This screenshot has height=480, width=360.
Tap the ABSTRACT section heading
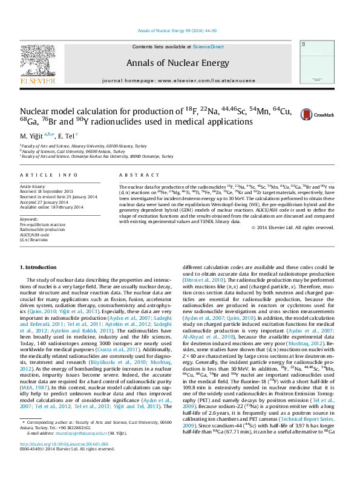click(134, 175)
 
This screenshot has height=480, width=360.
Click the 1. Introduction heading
click(39, 267)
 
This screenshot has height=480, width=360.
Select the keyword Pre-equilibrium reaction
click(43, 224)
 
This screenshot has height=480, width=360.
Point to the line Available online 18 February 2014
click(54, 207)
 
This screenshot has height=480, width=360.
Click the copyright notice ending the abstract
click(301, 227)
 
